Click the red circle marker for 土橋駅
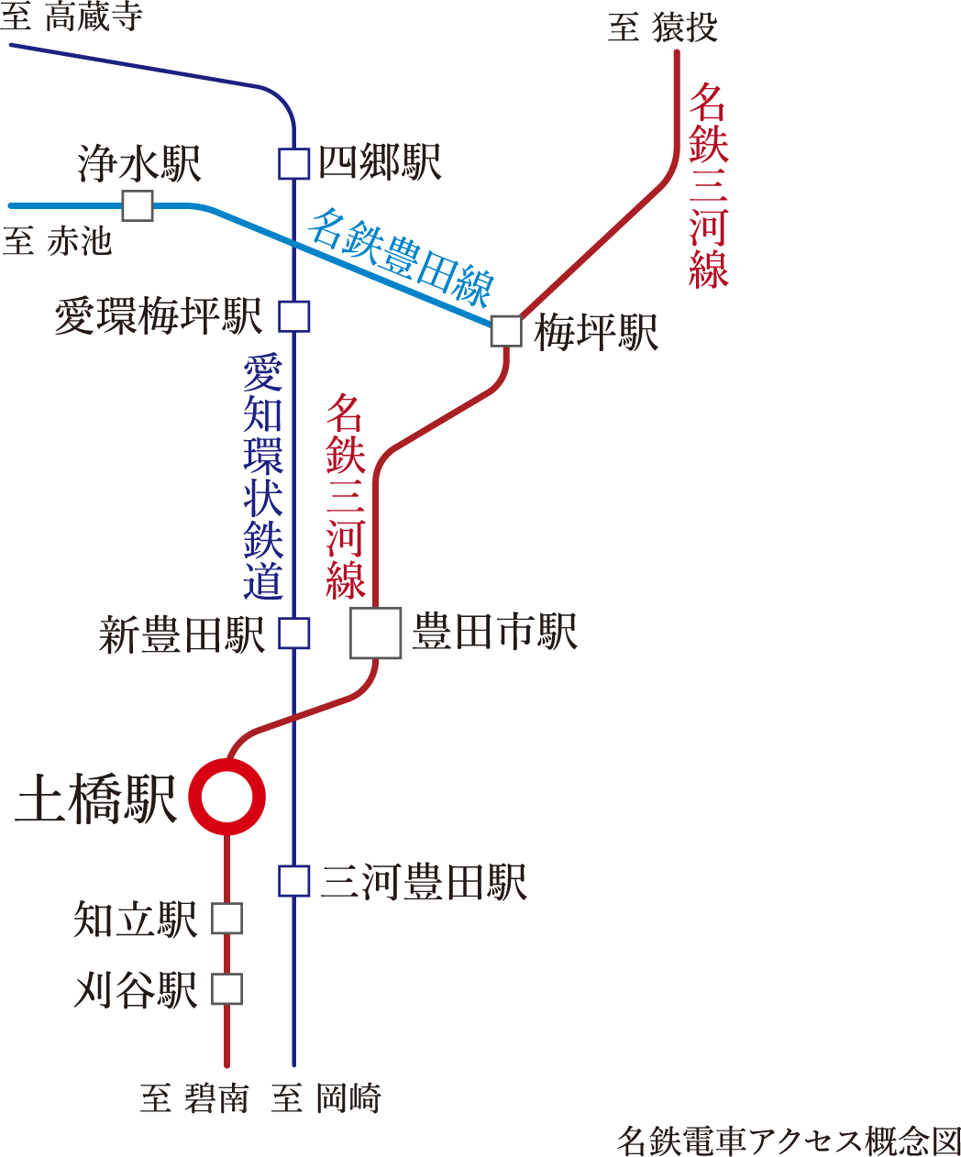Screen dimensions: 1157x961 [226, 797]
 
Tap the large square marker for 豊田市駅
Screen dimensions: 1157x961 [376, 634]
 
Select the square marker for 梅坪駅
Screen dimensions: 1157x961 [506, 331]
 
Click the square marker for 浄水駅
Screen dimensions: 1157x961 [138, 205]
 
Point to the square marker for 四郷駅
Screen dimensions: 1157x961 [294, 164]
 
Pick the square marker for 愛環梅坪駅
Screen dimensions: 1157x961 [294, 316]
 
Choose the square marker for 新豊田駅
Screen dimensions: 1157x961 [294, 634]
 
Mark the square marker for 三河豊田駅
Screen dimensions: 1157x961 [294, 881]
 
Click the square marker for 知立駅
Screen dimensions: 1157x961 [226, 919]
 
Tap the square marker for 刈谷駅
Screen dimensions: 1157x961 [226, 989]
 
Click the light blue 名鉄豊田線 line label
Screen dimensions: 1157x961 [401, 258]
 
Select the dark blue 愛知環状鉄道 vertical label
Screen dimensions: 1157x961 [263, 476]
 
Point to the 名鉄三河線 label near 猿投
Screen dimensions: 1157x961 [708, 184]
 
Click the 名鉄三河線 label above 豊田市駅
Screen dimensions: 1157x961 [346, 496]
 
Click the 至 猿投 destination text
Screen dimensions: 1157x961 [662, 28]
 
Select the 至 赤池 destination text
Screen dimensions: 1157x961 [57, 242]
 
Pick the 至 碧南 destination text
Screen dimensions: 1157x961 [194, 1098]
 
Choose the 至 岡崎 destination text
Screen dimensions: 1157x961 [326, 1098]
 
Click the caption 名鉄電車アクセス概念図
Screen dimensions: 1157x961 [787, 1141]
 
